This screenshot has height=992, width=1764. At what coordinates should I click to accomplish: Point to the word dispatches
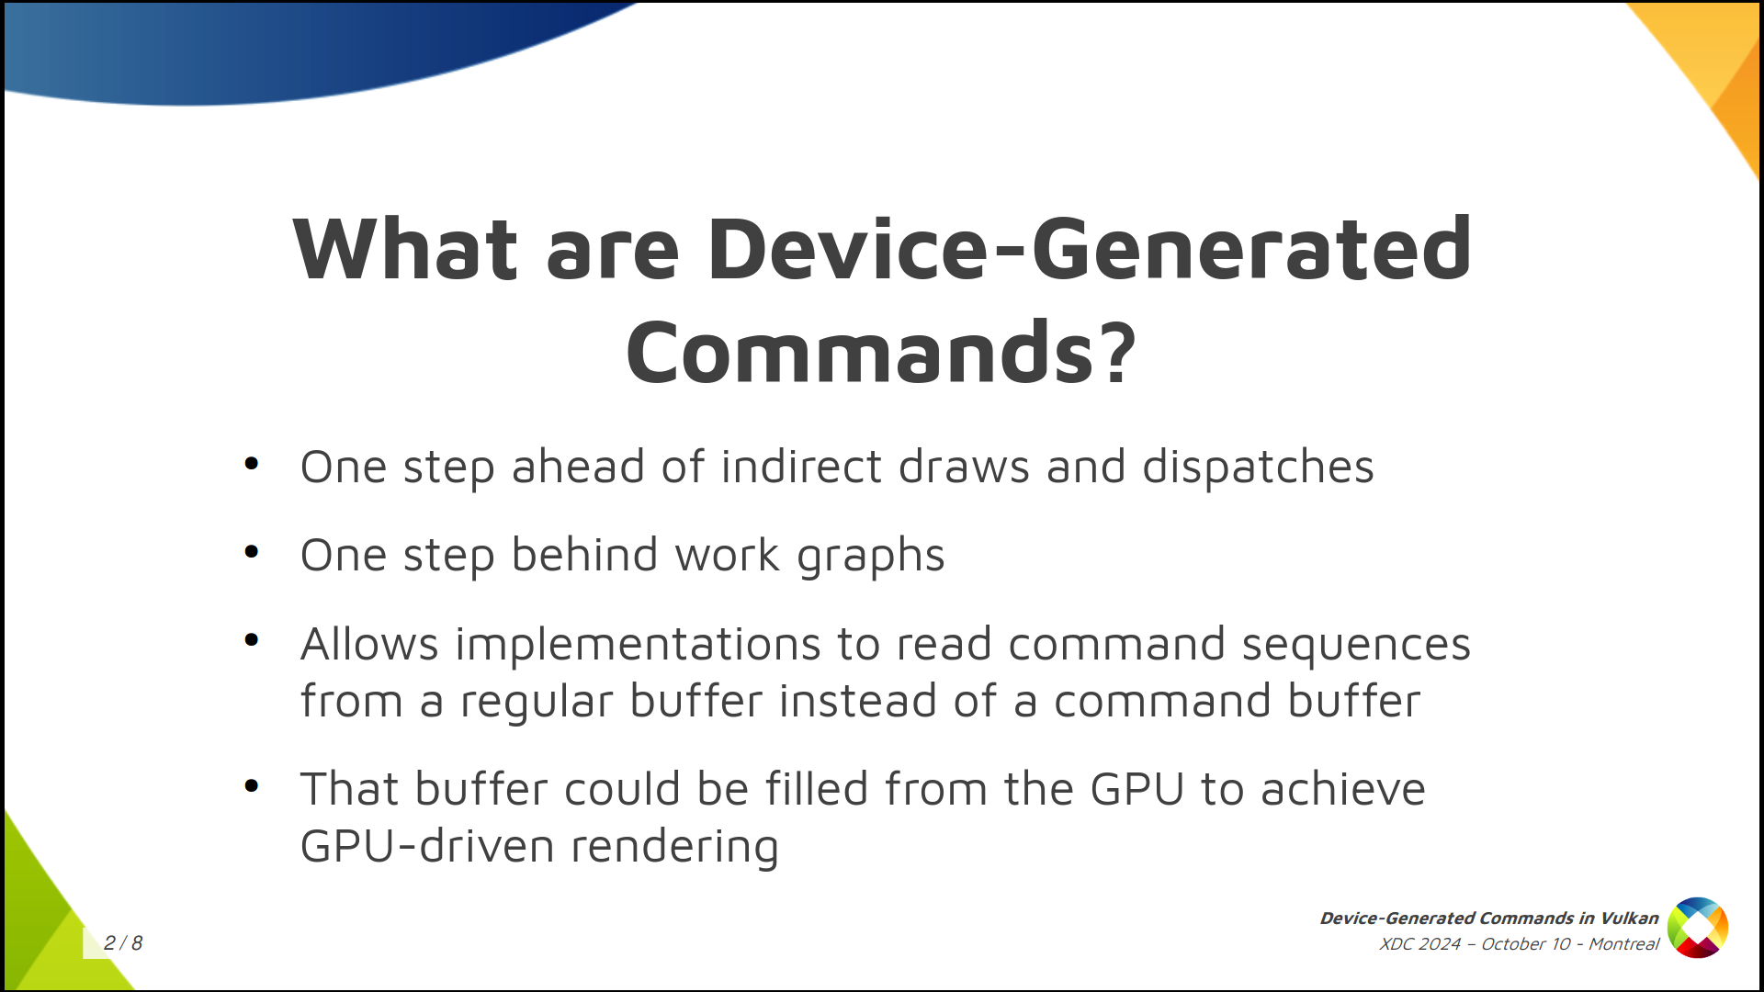pos(1258,468)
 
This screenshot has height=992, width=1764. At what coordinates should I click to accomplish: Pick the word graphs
pos(870,557)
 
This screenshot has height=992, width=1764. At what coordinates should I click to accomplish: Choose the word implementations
pos(638,645)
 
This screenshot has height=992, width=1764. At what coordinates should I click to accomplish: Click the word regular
pos(536,703)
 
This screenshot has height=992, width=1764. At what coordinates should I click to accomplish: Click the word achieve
pos(1342,789)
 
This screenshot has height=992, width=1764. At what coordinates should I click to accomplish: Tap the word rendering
pos(674,848)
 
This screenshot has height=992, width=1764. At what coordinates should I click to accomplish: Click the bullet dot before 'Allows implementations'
pos(252,640)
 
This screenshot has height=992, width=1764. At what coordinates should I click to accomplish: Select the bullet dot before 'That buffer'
pos(252,785)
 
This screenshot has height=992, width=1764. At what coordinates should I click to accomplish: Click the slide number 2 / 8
pos(123,942)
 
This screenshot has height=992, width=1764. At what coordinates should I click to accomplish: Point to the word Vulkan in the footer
pos(1629,918)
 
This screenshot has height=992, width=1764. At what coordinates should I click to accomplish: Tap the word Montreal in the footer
pos(1623,943)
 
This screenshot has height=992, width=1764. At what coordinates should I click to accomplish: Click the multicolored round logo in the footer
pos(1697,928)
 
